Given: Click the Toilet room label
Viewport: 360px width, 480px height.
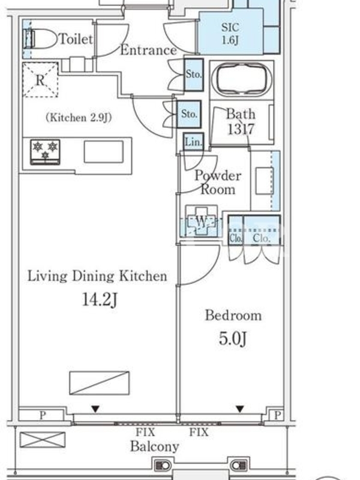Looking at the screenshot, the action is tap(76, 39).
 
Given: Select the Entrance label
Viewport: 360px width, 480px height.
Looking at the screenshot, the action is tap(148, 50).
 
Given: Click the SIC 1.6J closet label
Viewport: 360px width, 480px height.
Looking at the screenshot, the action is tap(230, 34).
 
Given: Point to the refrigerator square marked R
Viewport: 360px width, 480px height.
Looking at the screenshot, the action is tap(40, 80).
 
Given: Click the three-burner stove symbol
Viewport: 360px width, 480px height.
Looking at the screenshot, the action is tap(45, 152).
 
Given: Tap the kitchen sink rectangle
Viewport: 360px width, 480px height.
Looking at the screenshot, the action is tap(104, 152).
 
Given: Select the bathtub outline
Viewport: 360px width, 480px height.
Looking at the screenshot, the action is tap(241, 79).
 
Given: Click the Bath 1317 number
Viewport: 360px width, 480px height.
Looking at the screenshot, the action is tap(241, 129).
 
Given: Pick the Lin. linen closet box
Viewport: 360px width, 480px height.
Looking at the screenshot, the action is tap(193, 142).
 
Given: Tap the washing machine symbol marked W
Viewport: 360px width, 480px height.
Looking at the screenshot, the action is tap(201, 221).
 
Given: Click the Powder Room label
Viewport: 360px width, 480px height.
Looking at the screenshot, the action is tap(218, 182).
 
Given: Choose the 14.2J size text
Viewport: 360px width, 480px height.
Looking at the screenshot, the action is tap(100, 299).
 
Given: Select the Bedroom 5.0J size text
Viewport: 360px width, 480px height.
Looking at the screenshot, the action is tap(233, 338).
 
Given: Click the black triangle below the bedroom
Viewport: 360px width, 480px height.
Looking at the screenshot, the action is tap(239, 409).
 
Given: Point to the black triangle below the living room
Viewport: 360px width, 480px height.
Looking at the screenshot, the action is tap(95, 409).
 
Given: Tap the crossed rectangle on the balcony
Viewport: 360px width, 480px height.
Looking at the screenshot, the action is tap(43, 440).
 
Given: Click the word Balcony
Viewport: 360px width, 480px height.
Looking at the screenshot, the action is tap(155, 446).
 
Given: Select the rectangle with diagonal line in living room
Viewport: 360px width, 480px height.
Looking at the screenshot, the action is tap(99, 383).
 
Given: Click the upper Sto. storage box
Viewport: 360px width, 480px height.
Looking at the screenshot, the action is tap(194, 74).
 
